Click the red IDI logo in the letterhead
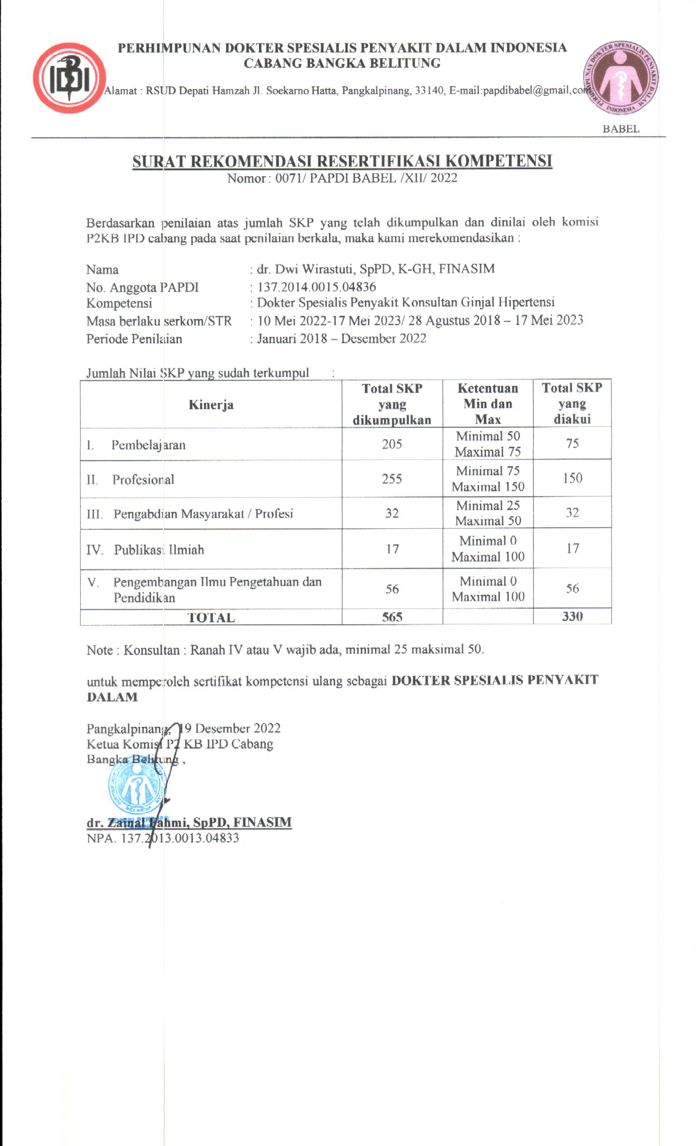pos(69,78)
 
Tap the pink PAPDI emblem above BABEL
pos(621,78)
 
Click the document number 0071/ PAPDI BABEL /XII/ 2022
pos(366,178)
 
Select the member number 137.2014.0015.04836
pos(317,286)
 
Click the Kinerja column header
pos(211,404)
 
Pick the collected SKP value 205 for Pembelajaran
pos(392,444)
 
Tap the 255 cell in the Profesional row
pos(392,479)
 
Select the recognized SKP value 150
pos(572,478)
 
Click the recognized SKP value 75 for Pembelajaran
pos(572,443)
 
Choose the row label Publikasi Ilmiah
pos(158,550)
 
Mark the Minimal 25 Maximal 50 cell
pos(488,513)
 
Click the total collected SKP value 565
pos(392,617)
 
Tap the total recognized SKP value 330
pos(572,617)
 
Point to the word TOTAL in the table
pos(211,618)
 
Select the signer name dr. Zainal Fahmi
pos(189,822)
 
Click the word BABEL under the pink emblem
pos(621,129)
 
